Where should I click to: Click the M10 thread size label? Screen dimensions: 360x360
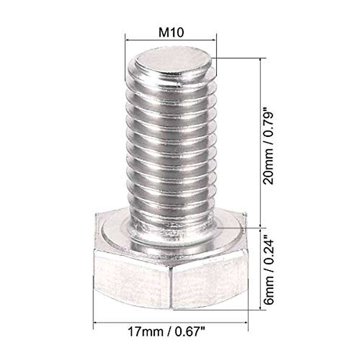[x=171, y=32]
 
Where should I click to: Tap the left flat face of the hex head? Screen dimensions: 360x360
[x=132, y=279]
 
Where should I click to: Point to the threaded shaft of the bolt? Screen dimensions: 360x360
[x=171, y=144]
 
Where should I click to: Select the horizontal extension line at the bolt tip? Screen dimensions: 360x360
[x=237, y=58]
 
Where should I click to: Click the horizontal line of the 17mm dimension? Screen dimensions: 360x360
[x=171, y=322]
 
